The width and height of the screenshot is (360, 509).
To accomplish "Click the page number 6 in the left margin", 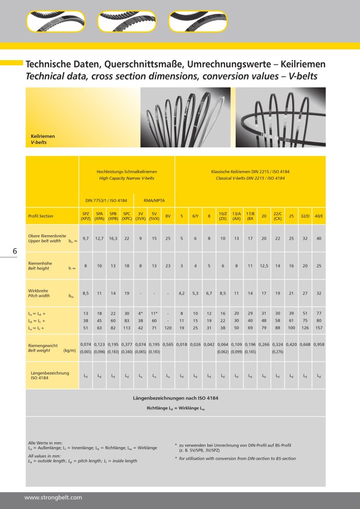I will point(15,251).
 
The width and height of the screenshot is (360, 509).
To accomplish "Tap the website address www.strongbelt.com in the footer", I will point(53,497).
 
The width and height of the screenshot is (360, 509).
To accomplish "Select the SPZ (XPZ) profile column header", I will point(85,216).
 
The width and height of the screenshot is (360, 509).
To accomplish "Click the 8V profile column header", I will point(168,216).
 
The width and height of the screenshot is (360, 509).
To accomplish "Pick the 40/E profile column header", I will point(319,216).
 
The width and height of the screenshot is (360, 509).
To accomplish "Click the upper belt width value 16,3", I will point(113,238).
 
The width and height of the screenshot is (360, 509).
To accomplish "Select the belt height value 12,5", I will point(264,266).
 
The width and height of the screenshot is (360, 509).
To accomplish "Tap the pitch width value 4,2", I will point(181,292).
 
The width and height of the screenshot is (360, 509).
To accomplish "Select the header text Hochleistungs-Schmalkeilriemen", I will point(127,171).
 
